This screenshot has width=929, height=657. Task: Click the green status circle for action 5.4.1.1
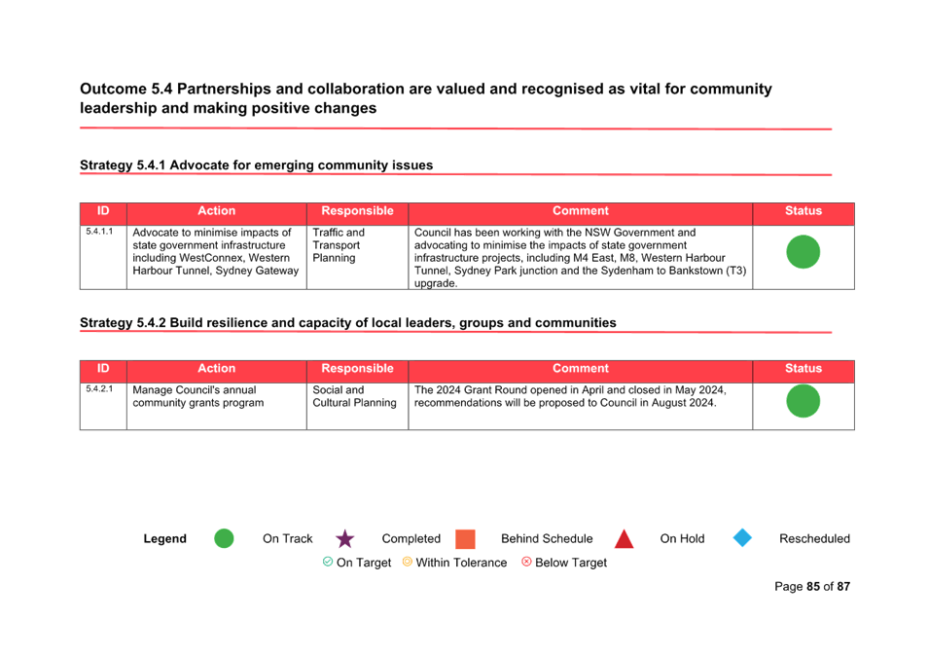803,251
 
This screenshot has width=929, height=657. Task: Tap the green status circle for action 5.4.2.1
803,401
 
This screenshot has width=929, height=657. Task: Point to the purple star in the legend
344,538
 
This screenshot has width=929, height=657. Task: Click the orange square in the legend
465,539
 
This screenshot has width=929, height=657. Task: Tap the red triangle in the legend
624,539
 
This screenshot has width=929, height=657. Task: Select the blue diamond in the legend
742,538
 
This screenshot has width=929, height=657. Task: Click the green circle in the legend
224,538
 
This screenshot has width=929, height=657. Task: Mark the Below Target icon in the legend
526,562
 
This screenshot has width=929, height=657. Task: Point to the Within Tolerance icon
407,562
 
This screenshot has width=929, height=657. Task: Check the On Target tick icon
328,562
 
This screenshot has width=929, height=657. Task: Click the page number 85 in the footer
813,587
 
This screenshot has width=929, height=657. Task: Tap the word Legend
164,538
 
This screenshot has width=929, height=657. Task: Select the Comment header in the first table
581,210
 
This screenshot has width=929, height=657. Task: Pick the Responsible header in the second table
357,368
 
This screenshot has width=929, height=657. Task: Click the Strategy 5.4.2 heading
348,322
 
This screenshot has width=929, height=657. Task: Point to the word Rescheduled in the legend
814,538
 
